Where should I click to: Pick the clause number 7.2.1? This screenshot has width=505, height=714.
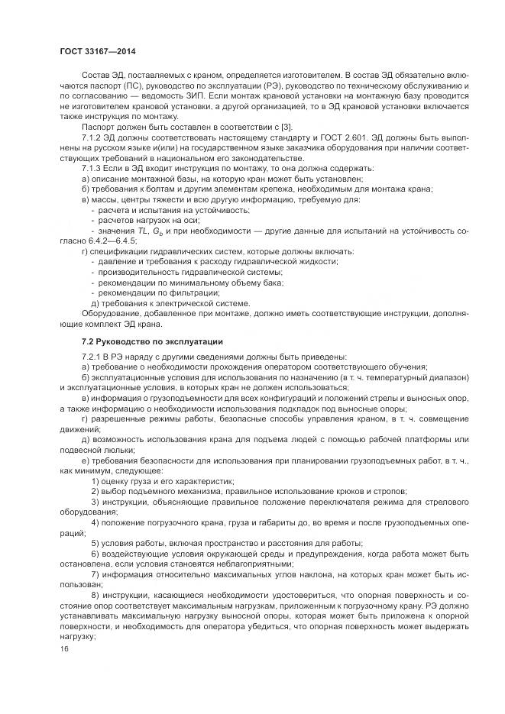pyautogui.click(x=92, y=357)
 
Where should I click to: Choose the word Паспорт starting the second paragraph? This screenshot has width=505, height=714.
pyautogui.click(x=98, y=126)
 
